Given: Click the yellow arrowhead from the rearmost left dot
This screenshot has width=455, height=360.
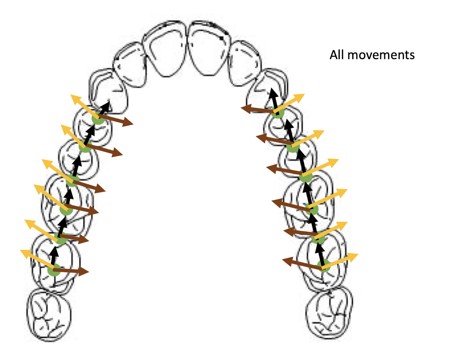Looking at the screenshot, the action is (x=24, y=252).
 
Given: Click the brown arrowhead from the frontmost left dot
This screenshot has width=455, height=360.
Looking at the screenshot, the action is (x=129, y=123).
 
